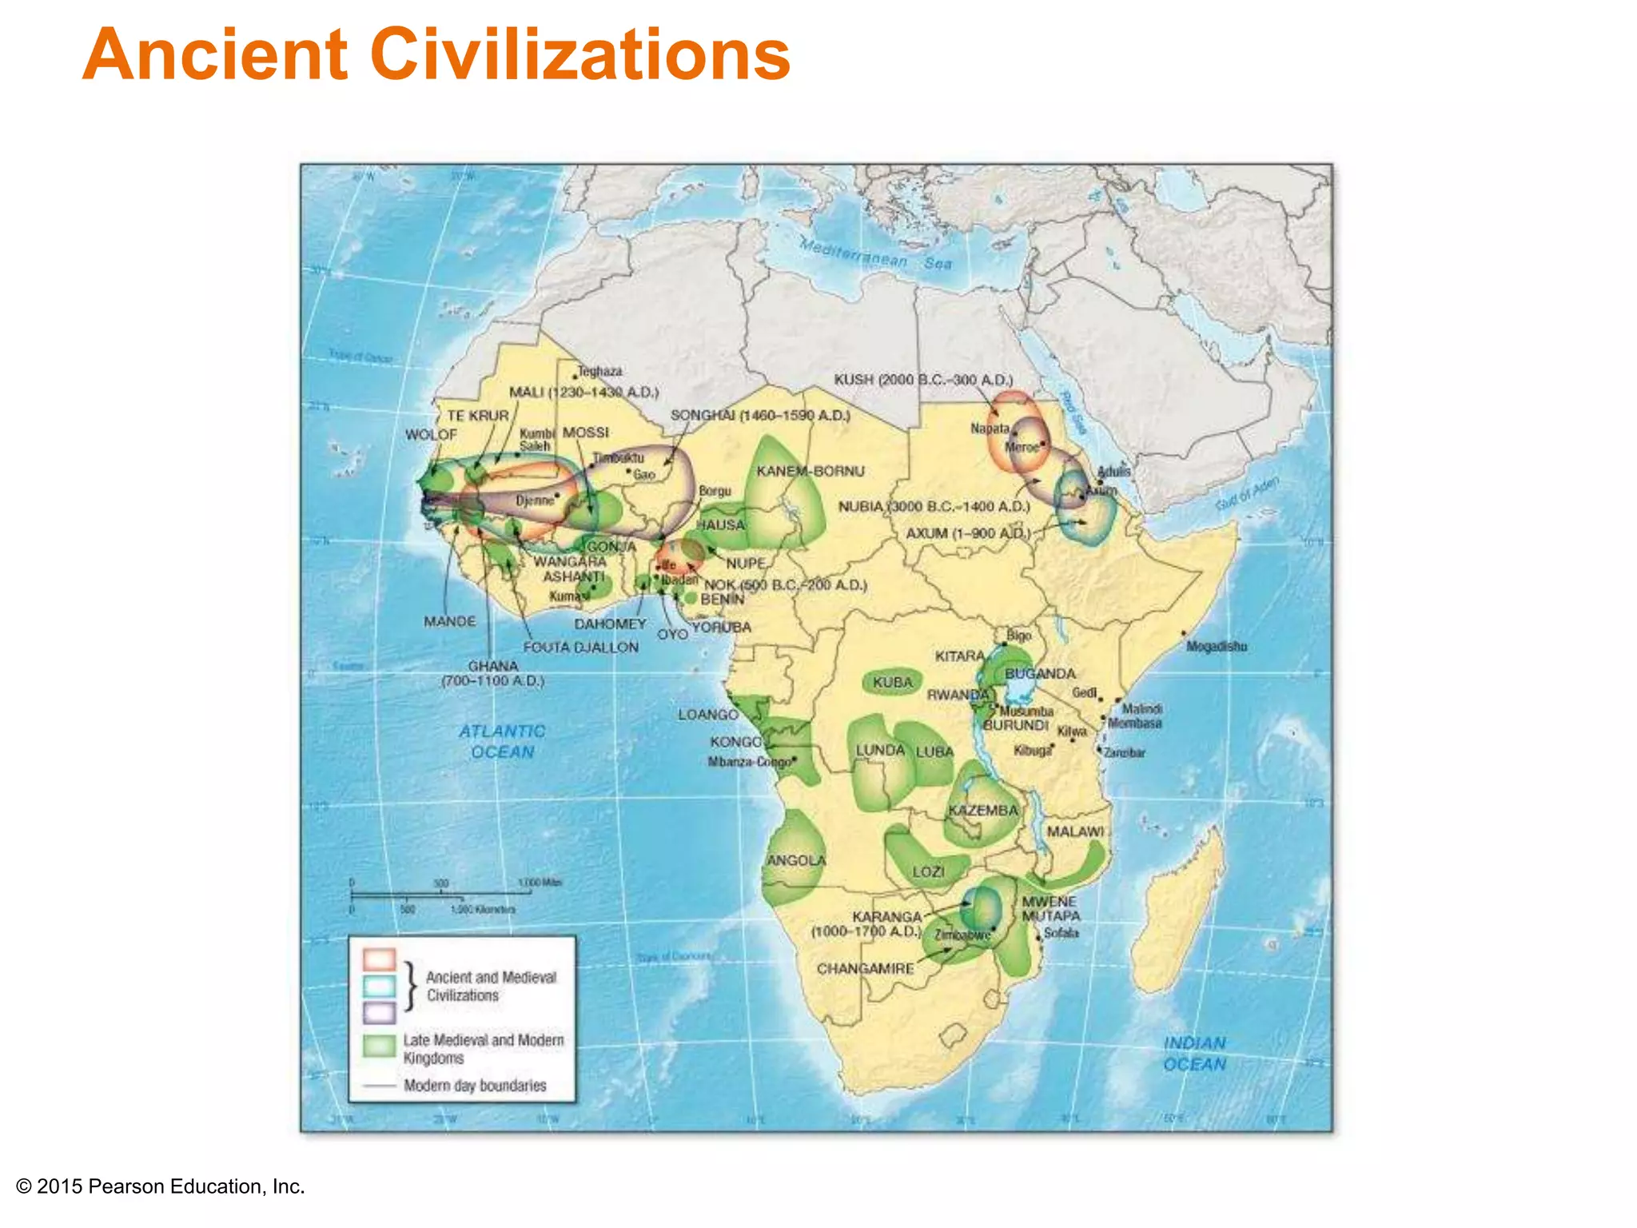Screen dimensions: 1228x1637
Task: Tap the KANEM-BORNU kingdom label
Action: [x=810, y=471]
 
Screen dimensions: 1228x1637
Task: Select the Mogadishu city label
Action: [x=1216, y=646]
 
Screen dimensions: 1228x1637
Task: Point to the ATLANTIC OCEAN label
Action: [x=502, y=741]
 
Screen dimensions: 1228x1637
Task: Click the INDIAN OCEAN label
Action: [x=1194, y=1053]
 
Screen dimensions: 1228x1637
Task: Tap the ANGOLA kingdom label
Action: [x=795, y=860]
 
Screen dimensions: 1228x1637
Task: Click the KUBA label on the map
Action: [x=892, y=682]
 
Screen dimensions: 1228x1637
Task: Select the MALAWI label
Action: [x=1075, y=831]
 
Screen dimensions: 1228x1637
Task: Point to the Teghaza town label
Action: [x=599, y=371]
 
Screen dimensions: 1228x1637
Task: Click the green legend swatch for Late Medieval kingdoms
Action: [x=379, y=1046]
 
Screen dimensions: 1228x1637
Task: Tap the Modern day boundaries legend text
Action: [x=475, y=1085]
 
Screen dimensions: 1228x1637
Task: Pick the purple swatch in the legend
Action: [x=379, y=1012]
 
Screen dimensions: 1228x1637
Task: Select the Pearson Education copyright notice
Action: [x=161, y=1186]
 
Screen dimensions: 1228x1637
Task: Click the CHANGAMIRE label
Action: [x=865, y=968]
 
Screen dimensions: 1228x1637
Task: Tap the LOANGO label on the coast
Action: [x=707, y=714]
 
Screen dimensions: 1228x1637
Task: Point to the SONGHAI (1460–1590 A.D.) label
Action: [x=759, y=415]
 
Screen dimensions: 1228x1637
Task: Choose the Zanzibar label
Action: [x=1124, y=752]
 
